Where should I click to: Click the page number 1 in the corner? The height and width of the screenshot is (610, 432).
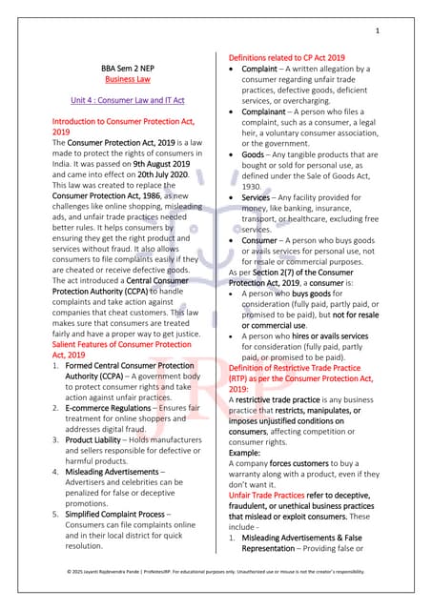coord(377,31)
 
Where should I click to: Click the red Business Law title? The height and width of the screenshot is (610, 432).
coord(121,81)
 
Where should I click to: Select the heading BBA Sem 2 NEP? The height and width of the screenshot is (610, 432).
coord(121,69)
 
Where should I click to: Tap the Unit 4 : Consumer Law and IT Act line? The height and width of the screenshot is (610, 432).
coord(121,99)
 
